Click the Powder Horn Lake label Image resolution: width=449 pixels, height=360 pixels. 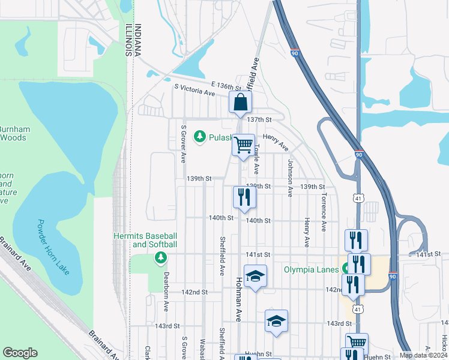[54, 247]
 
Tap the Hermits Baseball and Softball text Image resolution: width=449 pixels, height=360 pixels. [146, 240]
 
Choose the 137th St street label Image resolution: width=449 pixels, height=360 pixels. [264, 120]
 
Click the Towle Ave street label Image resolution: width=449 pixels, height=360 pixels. [256, 155]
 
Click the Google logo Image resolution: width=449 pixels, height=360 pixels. [20, 353]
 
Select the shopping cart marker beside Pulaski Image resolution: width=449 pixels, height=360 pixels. [243, 145]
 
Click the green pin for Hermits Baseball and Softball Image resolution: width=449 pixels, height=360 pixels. [160, 258]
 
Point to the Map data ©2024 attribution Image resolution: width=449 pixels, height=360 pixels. [423, 355]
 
